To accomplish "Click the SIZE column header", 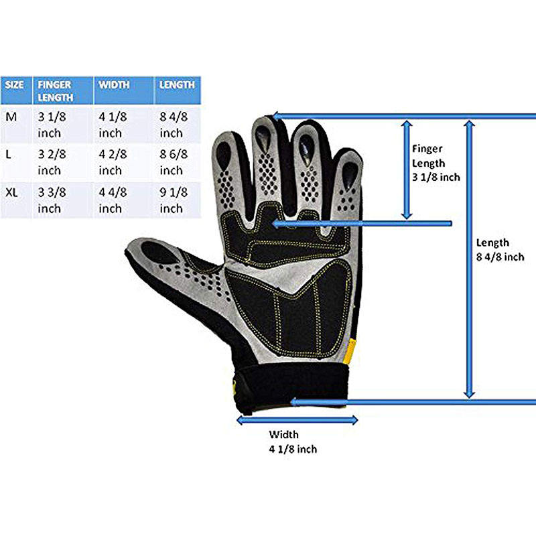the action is coord(15,85).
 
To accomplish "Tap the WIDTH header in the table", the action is coord(114,85).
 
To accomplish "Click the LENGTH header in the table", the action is coord(178,85).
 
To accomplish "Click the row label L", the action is coord(9,154).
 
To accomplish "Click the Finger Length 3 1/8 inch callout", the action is coord(435,163).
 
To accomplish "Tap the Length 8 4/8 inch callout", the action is coord(499,249).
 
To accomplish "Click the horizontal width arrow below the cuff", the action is coord(297,420).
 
